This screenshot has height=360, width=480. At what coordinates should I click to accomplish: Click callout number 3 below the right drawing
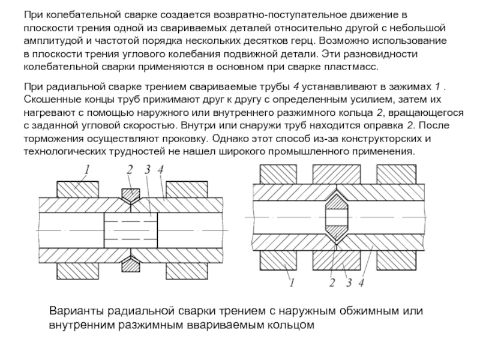(x=347, y=282)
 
